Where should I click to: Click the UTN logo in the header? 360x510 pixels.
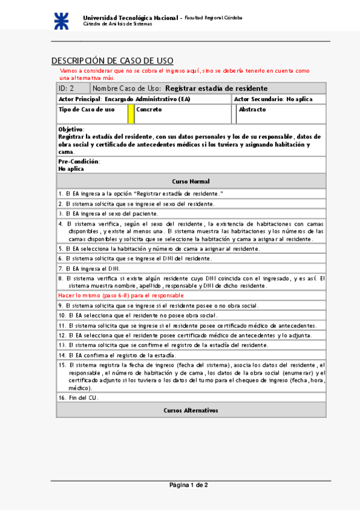coord(62,20)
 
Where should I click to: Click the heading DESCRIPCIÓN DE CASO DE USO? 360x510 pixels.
coord(112,61)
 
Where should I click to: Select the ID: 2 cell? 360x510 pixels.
coord(66,88)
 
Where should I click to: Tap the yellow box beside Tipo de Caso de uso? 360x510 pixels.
coord(131,114)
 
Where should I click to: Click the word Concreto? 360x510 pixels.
coord(149,109)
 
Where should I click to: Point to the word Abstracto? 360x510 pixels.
coord(252,109)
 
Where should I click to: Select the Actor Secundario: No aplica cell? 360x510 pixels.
coord(271,99)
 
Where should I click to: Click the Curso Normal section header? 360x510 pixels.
coord(191,181)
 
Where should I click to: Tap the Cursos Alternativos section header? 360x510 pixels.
coord(191,410)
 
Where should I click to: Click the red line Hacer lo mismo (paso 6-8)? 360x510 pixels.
coord(121,295)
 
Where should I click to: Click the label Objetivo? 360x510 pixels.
coord(72,129)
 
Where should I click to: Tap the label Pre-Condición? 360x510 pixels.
coord(79,161)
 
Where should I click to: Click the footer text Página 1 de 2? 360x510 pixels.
coord(189,485)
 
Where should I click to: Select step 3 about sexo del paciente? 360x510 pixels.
coord(108,213)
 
